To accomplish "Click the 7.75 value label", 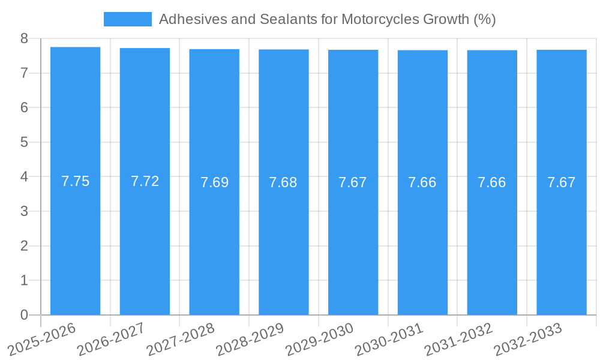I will tap(76, 181).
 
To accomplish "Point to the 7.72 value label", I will tap(145, 181).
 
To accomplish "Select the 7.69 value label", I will tap(215, 182).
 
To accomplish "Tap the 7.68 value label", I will tap(283, 182).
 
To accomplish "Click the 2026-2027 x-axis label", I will tap(112, 338).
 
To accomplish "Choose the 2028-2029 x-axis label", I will tap(250, 338).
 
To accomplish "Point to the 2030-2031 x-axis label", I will tap(389, 338).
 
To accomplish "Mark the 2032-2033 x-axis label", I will tap(528, 338).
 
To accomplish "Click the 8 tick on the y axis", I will tap(24, 38).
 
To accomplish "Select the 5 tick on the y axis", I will tap(24, 142).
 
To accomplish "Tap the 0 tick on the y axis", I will tap(24, 315).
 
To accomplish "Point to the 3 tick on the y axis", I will tap(24, 211).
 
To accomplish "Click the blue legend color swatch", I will tap(127, 19).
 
